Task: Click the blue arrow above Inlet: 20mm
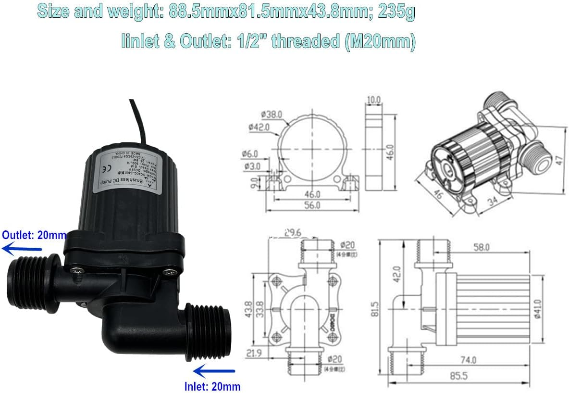pyautogui.click(x=214, y=371)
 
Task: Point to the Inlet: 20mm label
pyautogui.click(x=212, y=386)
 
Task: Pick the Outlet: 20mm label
pyautogui.click(x=34, y=235)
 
